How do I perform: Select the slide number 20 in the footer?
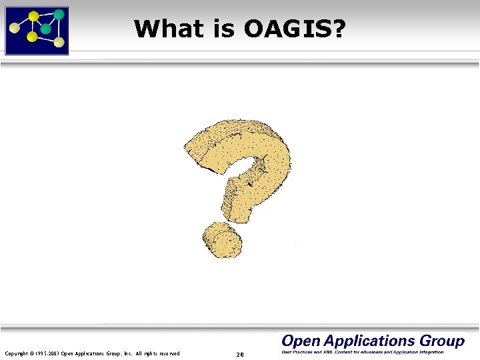(240, 354)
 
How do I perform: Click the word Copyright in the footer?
(17, 353)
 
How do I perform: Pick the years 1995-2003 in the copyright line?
(46, 353)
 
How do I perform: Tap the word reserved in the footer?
(167, 353)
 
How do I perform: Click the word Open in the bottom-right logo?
(301, 341)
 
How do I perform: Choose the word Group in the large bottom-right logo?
(442, 341)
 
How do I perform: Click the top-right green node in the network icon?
(59, 13)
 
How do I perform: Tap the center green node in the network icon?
(45, 29)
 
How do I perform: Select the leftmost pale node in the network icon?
(13, 28)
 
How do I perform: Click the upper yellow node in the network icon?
(33, 15)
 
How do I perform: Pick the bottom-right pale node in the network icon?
(59, 43)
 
